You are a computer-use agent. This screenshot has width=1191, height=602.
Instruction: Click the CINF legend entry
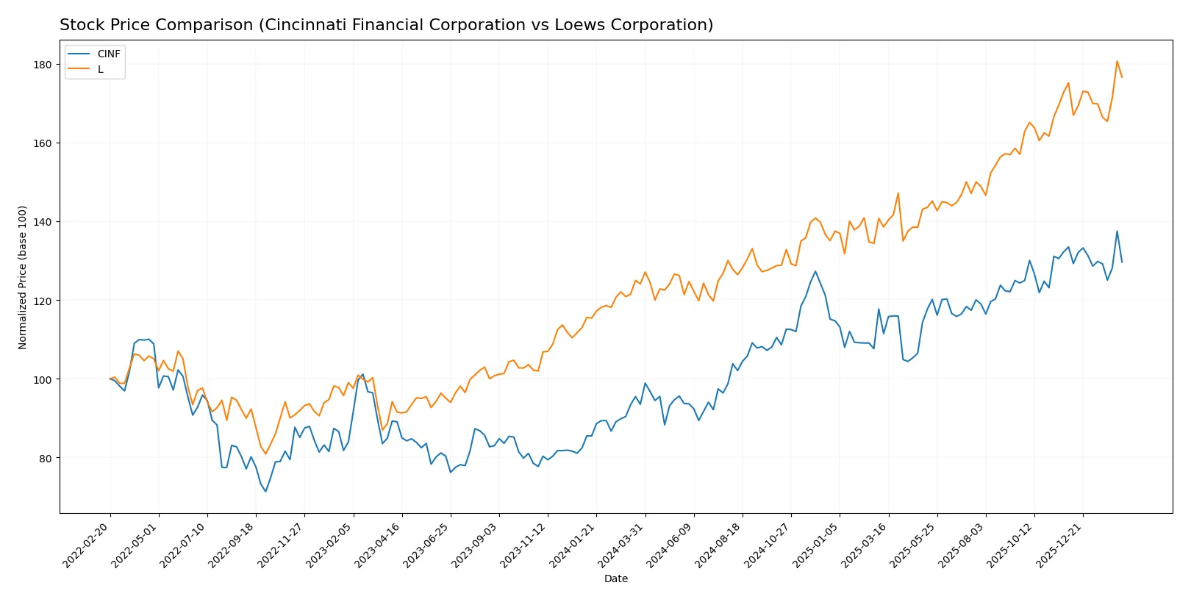pos(108,54)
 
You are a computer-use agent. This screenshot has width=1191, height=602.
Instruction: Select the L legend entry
pos(101,69)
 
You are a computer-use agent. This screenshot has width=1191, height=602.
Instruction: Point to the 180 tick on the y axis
pos(43,65)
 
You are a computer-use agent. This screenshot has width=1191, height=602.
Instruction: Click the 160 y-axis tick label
pos(43,143)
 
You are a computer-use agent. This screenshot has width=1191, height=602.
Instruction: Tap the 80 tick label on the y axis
pos(46,458)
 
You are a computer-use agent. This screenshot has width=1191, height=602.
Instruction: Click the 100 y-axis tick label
pos(43,379)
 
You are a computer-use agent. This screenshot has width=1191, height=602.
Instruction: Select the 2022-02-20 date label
pos(87,545)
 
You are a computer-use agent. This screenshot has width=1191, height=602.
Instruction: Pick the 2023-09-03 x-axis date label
pos(476,545)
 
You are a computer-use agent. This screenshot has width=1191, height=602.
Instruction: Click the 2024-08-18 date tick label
pos(719,545)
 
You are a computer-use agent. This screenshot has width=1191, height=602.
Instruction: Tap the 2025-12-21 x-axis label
pos(1059,545)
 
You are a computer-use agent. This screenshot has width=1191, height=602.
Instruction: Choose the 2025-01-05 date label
pos(816,545)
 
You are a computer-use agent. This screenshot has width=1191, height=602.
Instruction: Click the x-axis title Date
pos(615,578)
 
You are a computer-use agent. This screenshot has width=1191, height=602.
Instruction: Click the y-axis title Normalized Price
pos(23,277)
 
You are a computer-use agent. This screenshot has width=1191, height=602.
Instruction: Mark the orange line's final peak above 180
pos(1117,61)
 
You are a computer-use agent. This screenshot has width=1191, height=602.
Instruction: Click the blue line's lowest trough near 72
pos(265,491)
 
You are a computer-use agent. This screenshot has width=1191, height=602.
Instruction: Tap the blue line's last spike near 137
pos(1117,231)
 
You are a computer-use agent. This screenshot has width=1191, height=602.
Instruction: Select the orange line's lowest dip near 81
pos(265,454)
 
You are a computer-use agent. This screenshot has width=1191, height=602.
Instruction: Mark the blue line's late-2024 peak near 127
pos(815,271)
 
